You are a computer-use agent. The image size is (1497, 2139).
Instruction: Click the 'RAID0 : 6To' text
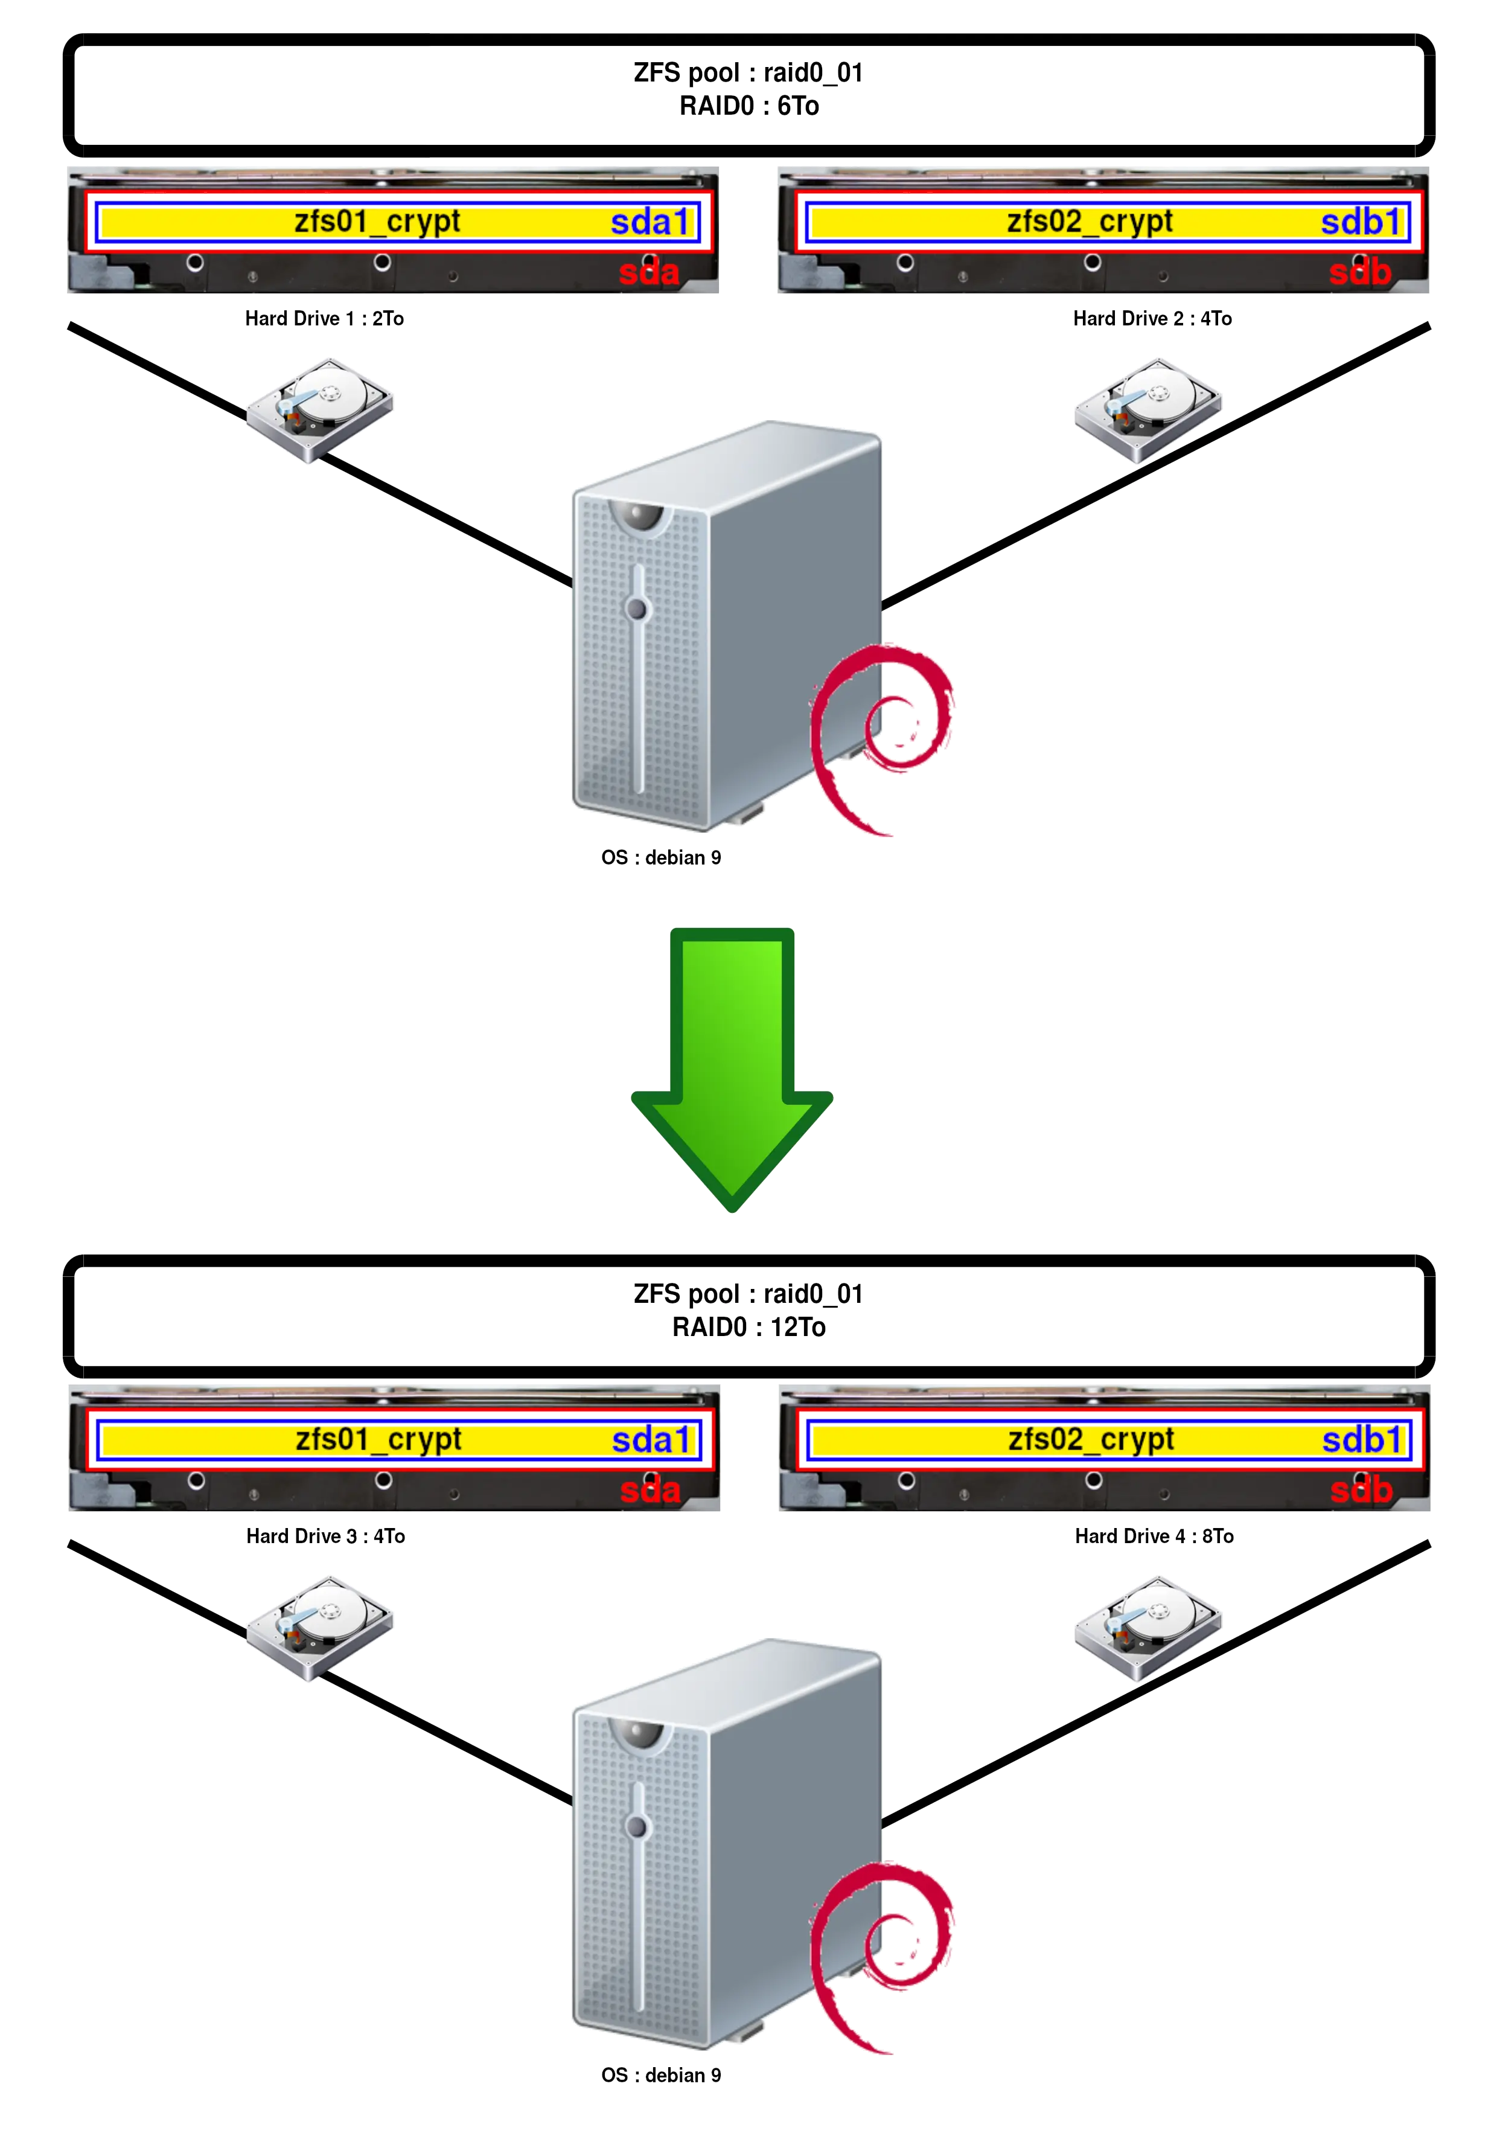750,105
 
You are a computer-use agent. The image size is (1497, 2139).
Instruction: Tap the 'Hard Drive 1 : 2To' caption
325,319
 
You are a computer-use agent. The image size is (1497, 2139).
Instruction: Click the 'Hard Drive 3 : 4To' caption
325,1536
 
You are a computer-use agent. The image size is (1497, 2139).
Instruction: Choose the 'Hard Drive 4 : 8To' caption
1154,1536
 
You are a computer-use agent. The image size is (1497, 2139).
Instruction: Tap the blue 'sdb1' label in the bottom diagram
1362,1440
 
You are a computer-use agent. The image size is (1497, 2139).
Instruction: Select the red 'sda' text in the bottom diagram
650,1491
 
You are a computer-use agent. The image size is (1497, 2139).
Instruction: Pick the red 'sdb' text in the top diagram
1360,273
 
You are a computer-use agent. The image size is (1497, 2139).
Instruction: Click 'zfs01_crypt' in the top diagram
377,222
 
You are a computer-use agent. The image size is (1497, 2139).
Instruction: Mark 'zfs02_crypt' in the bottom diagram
1091,1439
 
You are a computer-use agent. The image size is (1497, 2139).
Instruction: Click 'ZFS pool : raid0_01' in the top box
748,72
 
